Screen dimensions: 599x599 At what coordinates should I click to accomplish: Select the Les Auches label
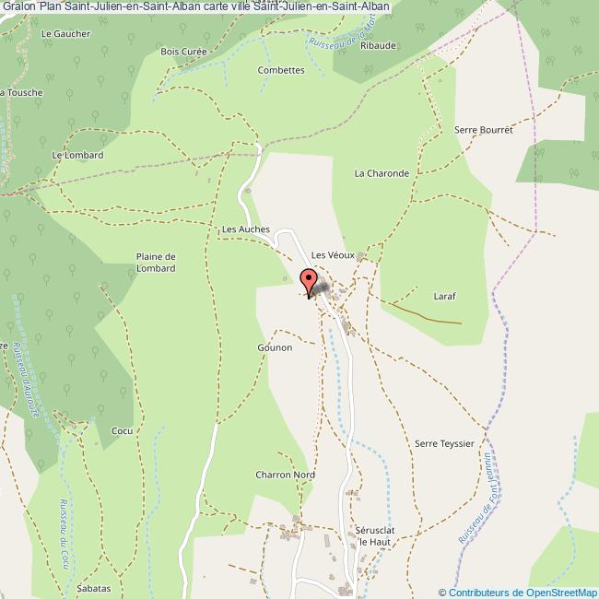[245, 228]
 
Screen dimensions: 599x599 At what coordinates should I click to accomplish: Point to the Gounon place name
[275, 347]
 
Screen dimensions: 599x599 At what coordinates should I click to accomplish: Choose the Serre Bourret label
[483, 130]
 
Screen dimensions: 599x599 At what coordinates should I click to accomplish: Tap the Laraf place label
[445, 296]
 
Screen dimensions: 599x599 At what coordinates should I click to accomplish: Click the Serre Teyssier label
[444, 443]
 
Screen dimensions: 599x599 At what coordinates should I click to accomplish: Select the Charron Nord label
[285, 475]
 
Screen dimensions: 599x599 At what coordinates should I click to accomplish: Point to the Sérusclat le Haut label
[375, 536]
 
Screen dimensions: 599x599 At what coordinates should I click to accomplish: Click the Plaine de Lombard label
[156, 262]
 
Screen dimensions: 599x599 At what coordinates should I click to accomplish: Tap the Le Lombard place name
[77, 155]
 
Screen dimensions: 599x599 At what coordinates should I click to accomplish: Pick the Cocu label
[122, 430]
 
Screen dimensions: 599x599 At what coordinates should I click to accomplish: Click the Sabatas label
[94, 588]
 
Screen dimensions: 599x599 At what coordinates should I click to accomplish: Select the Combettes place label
[281, 70]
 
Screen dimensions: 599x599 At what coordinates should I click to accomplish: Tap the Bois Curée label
[183, 52]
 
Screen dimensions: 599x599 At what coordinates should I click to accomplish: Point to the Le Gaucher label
[66, 33]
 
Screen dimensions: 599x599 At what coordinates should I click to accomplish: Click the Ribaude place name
[378, 44]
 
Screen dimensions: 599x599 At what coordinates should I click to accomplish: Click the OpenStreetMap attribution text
[517, 592]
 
